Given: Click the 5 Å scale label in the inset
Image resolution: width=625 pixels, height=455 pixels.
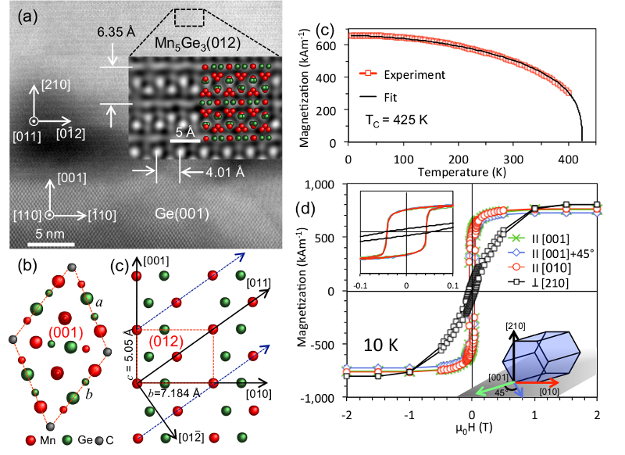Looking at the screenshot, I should (x=184, y=132).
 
